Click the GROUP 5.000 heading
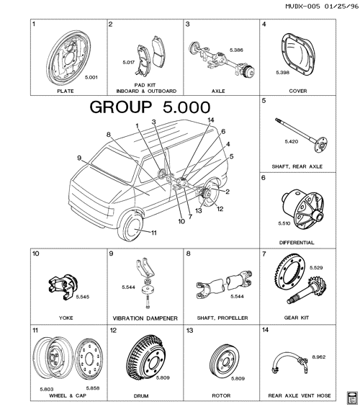click(x=150, y=107)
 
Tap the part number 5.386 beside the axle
click(x=236, y=50)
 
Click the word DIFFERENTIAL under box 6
click(x=297, y=243)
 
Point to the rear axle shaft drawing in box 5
click(x=302, y=135)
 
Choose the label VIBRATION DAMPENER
click(x=145, y=318)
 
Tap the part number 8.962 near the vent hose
click(x=318, y=357)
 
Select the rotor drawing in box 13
click(x=225, y=361)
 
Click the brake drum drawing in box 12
click(x=145, y=357)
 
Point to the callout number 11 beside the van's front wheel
click(x=154, y=233)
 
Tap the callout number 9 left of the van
click(x=79, y=158)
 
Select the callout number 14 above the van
click(x=211, y=120)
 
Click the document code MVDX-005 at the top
click(x=302, y=6)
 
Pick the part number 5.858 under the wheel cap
click(x=93, y=388)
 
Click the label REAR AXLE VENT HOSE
click(x=300, y=396)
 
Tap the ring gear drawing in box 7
click(x=289, y=276)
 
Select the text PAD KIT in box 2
click(x=145, y=85)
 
